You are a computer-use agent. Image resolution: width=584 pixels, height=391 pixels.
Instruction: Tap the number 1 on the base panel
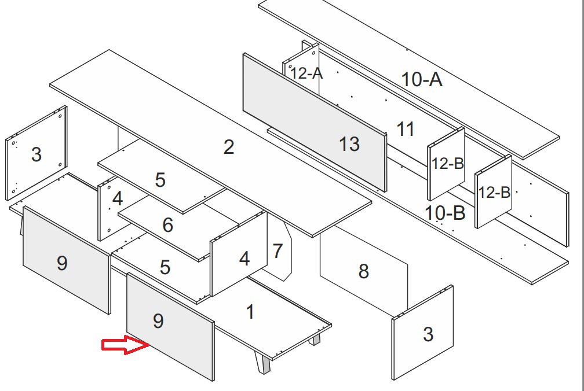[x=250, y=312]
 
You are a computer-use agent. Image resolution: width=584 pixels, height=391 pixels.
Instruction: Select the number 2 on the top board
[x=229, y=147]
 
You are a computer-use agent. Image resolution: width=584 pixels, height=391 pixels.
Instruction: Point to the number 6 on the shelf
[x=167, y=225]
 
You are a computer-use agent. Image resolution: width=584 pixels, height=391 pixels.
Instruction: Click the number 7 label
[x=278, y=252]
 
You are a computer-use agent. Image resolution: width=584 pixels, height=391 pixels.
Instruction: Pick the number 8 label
[x=363, y=271]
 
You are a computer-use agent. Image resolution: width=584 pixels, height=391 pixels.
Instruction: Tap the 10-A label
[x=422, y=79]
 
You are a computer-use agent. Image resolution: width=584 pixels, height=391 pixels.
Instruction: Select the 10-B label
[x=445, y=213]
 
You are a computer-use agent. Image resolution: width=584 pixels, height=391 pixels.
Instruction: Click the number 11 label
[x=406, y=129]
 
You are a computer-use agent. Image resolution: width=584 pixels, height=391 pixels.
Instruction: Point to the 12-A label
[x=306, y=73]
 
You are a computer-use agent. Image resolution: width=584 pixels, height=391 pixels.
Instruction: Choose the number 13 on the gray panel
[x=349, y=144]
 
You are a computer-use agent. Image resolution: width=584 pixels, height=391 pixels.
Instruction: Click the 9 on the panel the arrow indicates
[x=158, y=321]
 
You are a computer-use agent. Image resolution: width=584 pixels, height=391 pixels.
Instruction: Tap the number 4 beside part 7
[x=244, y=259]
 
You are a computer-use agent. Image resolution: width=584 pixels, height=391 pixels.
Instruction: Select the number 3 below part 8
[x=428, y=334]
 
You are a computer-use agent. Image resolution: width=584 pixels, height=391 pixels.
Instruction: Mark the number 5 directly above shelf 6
[x=160, y=180]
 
